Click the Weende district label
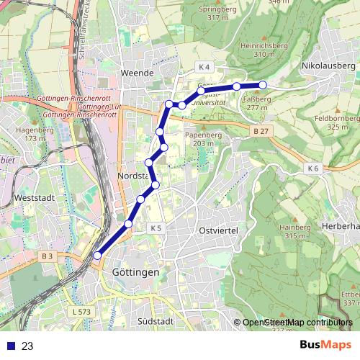(138, 73)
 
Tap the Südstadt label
(155, 321)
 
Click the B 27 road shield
(261, 131)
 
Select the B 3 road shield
(48, 256)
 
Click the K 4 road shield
(204, 67)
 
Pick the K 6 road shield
(312, 168)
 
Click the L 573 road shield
(82, 311)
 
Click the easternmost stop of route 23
(263, 85)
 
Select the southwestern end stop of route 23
(97, 255)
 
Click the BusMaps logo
(325, 345)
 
